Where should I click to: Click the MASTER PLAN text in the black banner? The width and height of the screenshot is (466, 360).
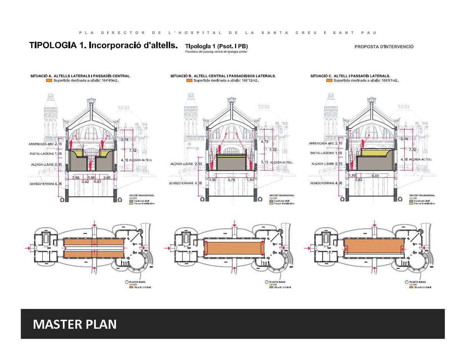tap(75, 324)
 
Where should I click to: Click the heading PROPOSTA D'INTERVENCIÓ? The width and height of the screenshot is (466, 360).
tap(384, 47)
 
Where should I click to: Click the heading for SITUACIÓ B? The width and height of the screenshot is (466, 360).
tap(223, 76)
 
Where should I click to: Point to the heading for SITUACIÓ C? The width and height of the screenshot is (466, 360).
tap(350, 76)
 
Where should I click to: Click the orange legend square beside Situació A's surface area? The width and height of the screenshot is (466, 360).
tap(49, 81)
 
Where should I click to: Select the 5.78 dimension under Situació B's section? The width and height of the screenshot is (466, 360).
tap(231, 180)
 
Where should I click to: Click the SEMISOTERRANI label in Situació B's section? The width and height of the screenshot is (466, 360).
tap(181, 183)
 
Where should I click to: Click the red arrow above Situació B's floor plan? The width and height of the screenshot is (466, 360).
tap(234, 224)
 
